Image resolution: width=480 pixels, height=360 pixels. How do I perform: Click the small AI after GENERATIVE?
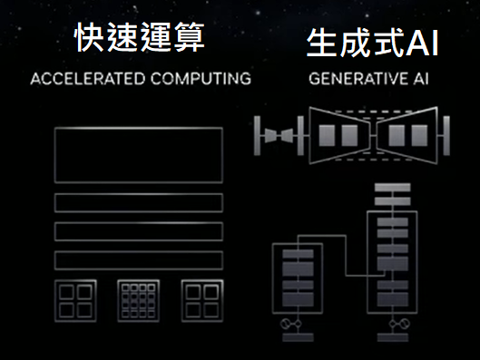[x=419, y=78]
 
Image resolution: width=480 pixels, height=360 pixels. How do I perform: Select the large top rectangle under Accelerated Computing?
[x=139, y=155]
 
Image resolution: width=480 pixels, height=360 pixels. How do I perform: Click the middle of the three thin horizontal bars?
[x=139, y=231]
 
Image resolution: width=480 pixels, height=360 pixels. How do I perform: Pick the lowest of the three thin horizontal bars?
[x=139, y=260]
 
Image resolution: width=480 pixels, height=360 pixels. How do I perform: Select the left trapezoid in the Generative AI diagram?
[x=337, y=135]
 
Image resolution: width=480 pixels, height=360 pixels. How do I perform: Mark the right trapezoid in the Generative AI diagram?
[x=409, y=135]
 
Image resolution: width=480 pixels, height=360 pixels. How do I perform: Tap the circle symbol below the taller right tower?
[x=393, y=322]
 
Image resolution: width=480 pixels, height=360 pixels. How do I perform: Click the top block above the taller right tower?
[x=393, y=188]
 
